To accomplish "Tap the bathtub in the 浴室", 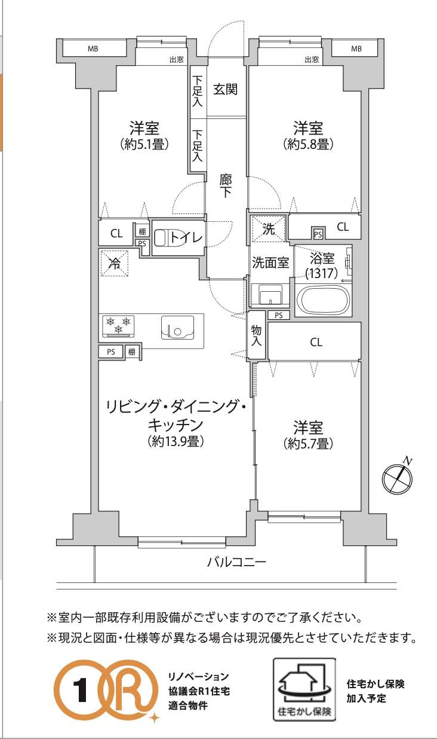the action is point(323,300).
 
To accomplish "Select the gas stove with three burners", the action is point(118,326).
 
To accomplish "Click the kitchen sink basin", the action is point(177,327).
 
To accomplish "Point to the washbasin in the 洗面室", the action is point(270,294).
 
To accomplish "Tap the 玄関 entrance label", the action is point(225,89).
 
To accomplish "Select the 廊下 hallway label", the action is point(226,186).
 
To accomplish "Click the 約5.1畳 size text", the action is point(144,144).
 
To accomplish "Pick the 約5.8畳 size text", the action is point(308,144).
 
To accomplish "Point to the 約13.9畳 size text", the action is point(176,441).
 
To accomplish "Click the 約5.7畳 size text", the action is point(308,444).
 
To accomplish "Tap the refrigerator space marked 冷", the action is point(114,263).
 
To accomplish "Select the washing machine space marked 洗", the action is point(269,228).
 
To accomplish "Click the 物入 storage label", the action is point(256,335).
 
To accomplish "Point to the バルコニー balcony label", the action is point(236,562).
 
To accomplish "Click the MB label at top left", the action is point(93,49).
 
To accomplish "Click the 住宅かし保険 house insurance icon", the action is point(304,689).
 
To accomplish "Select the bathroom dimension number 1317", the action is point(322,273).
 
